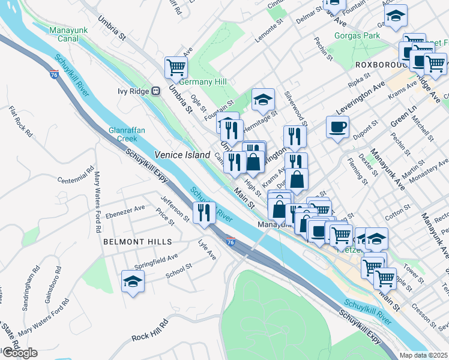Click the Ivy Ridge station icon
(155, 91)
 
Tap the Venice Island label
(182, 155)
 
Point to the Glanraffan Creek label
(124, 134)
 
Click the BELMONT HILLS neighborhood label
(137, 242)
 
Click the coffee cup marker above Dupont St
(337, 127)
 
